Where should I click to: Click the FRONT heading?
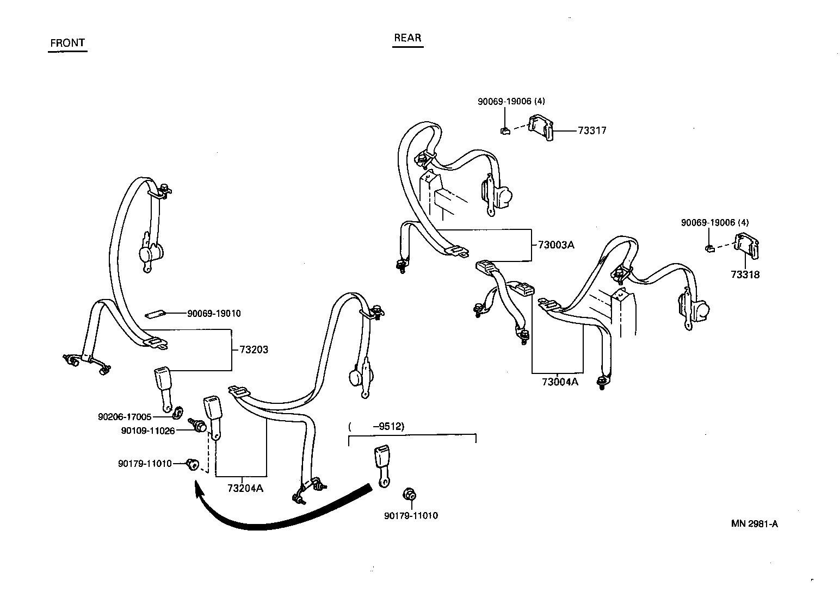pyautogui.click(x=67, y=43)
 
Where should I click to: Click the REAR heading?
pyautogui.click(x=407, y=38)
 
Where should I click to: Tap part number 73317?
pyautogui.click(x=592, y=130)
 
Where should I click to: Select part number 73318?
pyautogui.click(x=745, y=274)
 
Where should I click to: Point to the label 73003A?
pyautogui.click(x=556, y=245)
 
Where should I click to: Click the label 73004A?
pyautogui.click(x=560, y=382)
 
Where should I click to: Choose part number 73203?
pyautogui.click(x=254, y=350)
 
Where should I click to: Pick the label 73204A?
pyautogui.click(x=245, y=488)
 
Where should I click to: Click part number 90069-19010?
pyautogui.click(x=214, y=314)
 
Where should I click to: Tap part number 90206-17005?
pyautogui.click(x=125, y=417)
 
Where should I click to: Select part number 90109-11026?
pyautogui.click(x=148, y=430)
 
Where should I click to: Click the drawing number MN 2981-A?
pyautogui.click(x=754, y=524)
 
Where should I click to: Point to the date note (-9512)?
pyautogui.click(x=377, y=427)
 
